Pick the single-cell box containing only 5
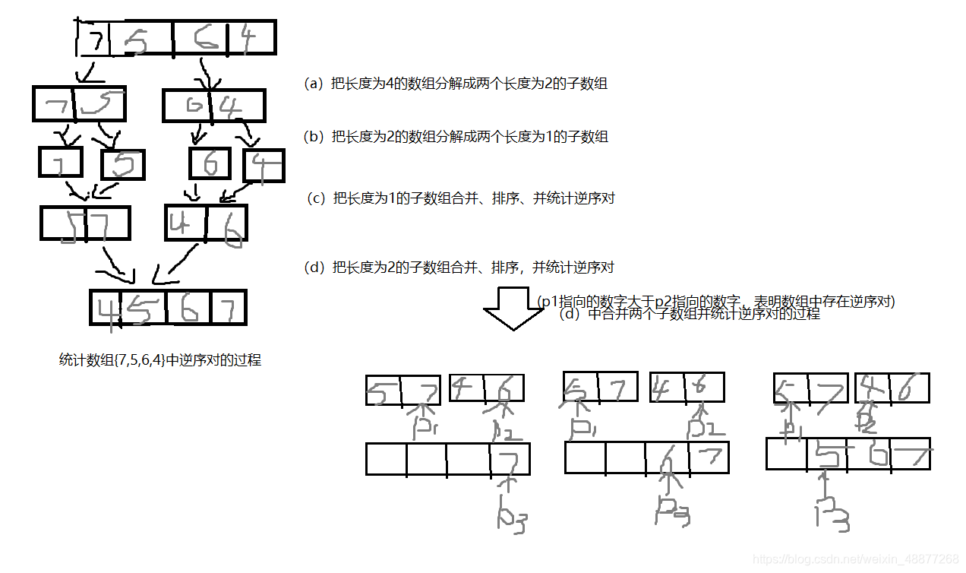[x=122, y=164]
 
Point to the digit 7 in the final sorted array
[x=229, y=308]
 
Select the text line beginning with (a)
[x=456, y=84]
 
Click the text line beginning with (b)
[x=456, y=137]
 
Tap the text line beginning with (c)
[x=460, y=198]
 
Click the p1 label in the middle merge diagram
[x=582, y=430]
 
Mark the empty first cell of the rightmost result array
[x=786, y=454]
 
